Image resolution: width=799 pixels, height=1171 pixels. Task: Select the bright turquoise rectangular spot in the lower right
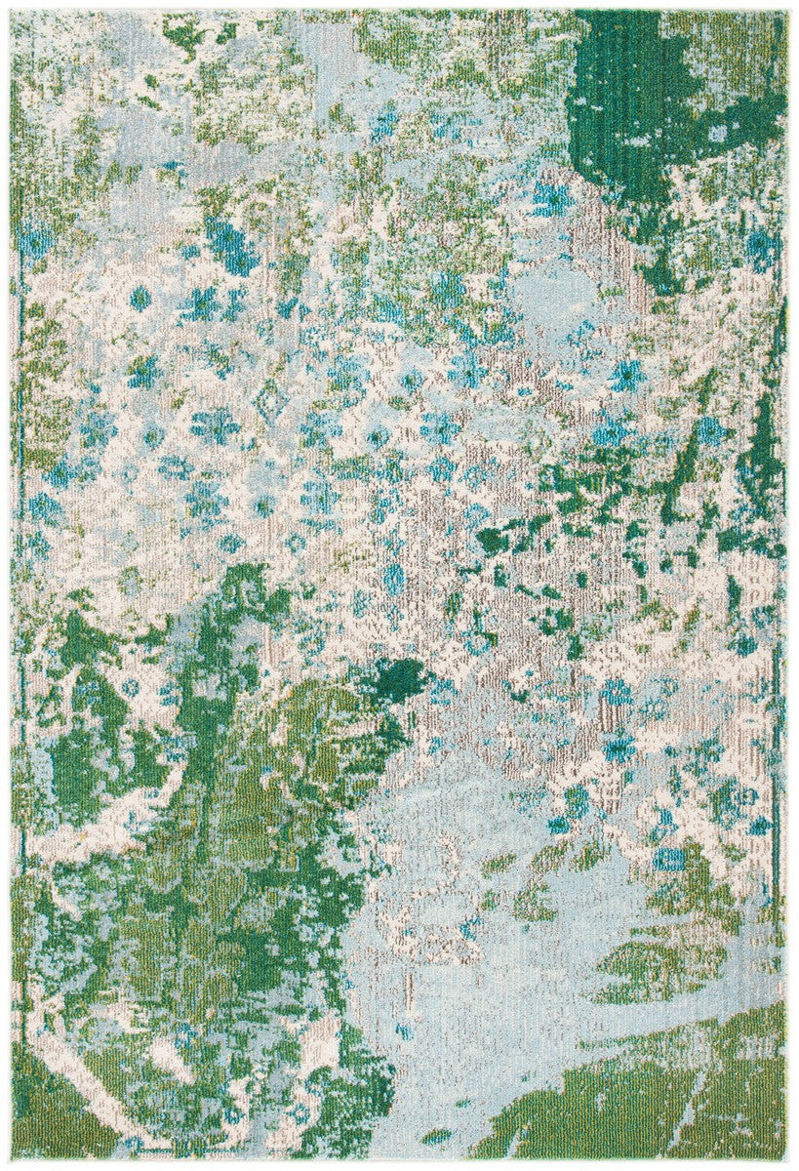668,859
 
